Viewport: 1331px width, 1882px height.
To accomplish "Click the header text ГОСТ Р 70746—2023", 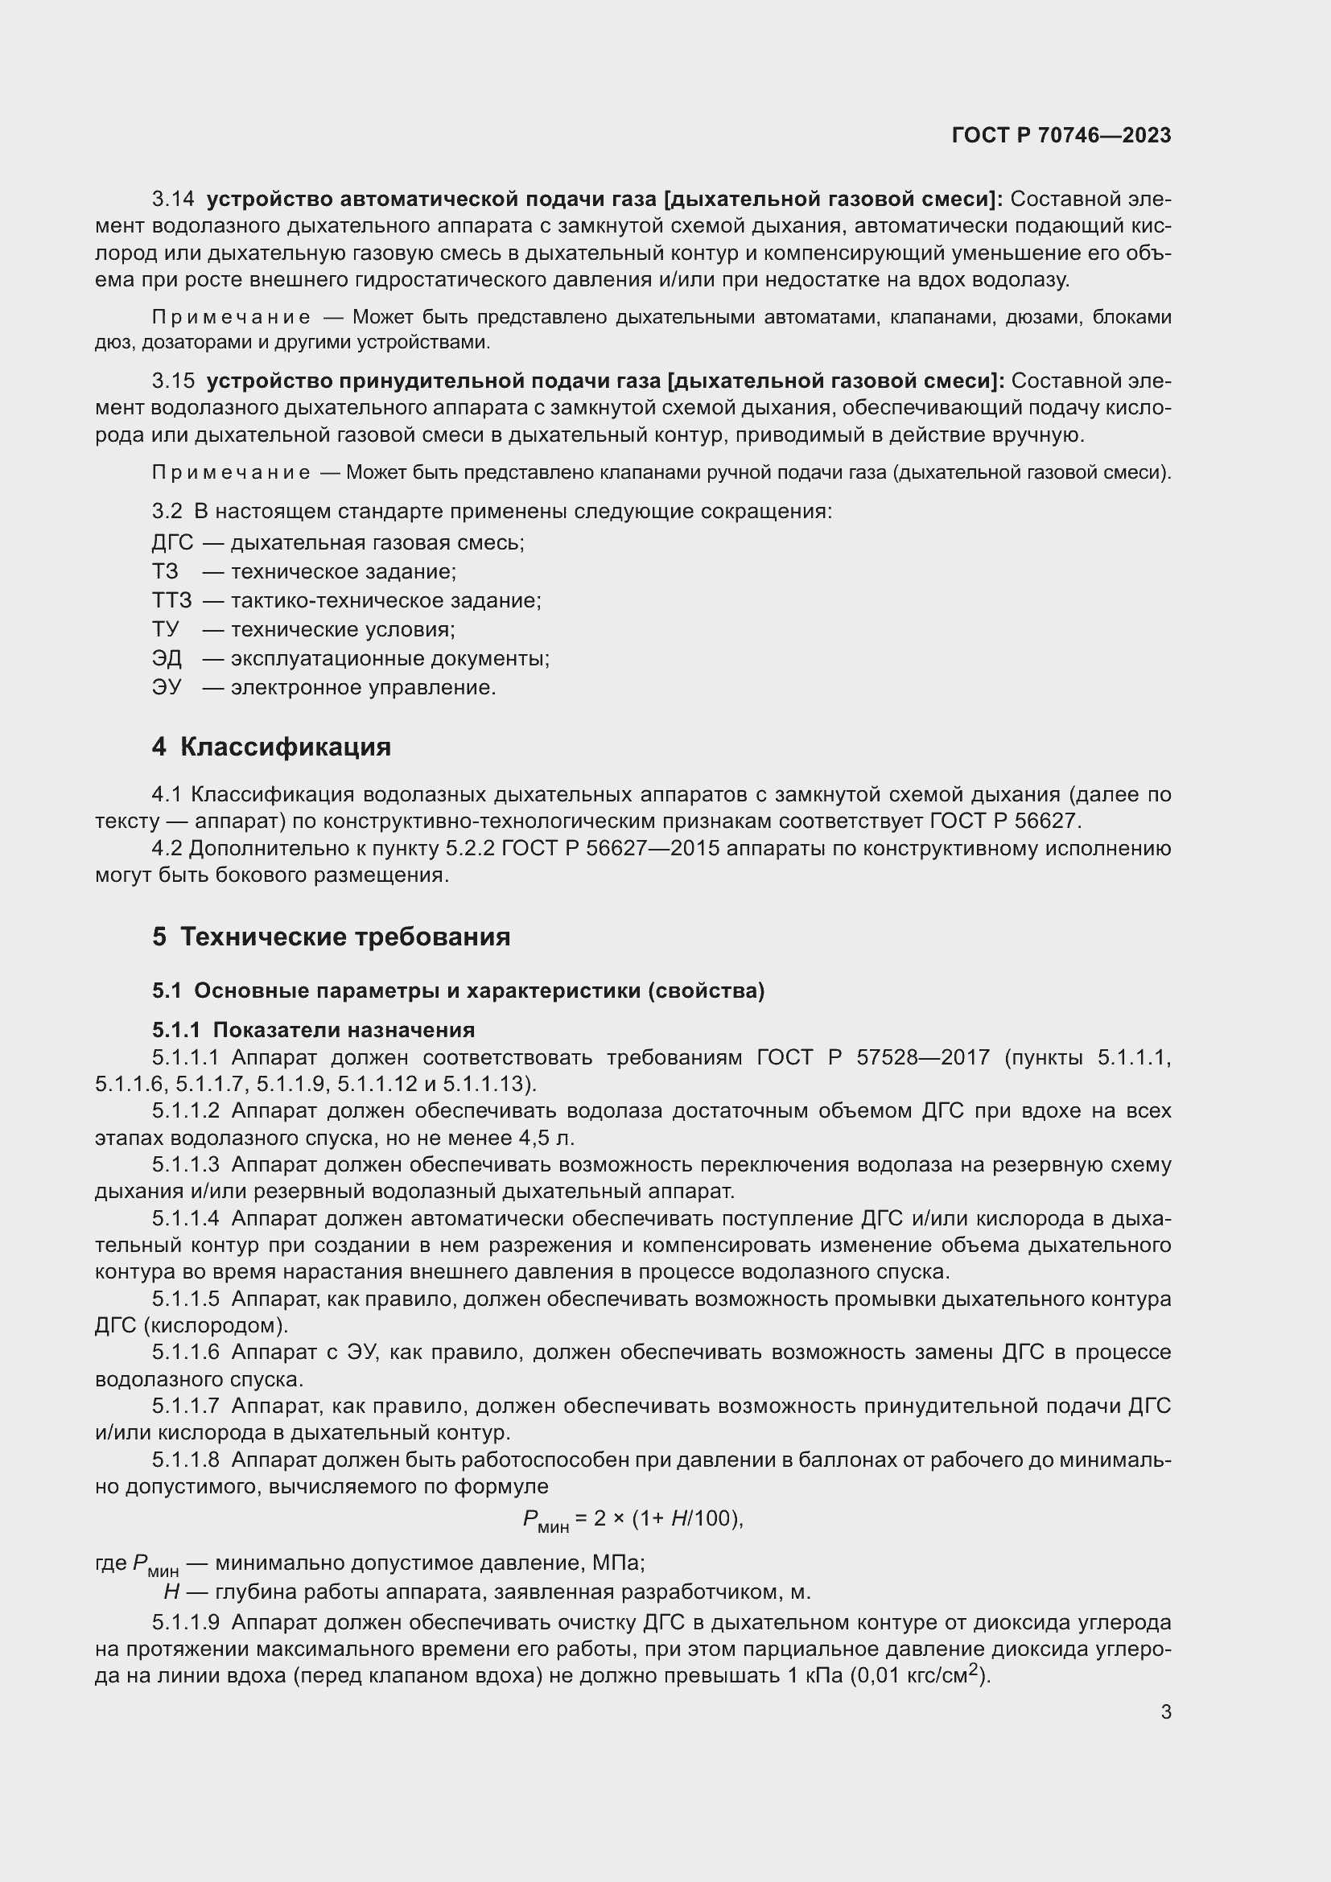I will [x=1061, y=135].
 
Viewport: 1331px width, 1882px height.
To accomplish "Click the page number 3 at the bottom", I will [x=1165, y=1711].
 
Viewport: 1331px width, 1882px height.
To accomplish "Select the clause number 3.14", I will [x=173, y=200].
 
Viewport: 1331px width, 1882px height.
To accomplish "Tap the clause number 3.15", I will [x=173, y=381].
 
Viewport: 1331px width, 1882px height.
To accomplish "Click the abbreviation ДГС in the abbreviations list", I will [x=172, y=542].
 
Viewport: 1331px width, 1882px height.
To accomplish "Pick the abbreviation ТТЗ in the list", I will [x=171, y=601].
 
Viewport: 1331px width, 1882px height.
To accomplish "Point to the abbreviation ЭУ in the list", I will [x=167, y=687].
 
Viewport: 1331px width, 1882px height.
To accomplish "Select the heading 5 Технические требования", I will [x=330, y=937].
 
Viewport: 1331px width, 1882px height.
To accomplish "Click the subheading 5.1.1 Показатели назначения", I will [x=313, y=1031].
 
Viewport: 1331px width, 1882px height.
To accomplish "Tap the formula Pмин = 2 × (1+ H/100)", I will [x=632, y=1520].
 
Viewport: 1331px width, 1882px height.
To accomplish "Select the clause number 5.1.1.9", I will [x=185, y=1623].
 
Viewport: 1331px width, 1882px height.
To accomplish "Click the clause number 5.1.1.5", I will [x=185, y=1299].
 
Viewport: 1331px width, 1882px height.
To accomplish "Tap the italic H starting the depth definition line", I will [x=171, y=1592].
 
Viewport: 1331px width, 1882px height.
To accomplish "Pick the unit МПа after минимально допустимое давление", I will [x=616, y=1563].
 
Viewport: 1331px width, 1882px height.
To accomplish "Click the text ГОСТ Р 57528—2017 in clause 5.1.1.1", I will [x=873, y=1057].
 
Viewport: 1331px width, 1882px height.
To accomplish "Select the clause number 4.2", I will [x=167, y=848].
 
